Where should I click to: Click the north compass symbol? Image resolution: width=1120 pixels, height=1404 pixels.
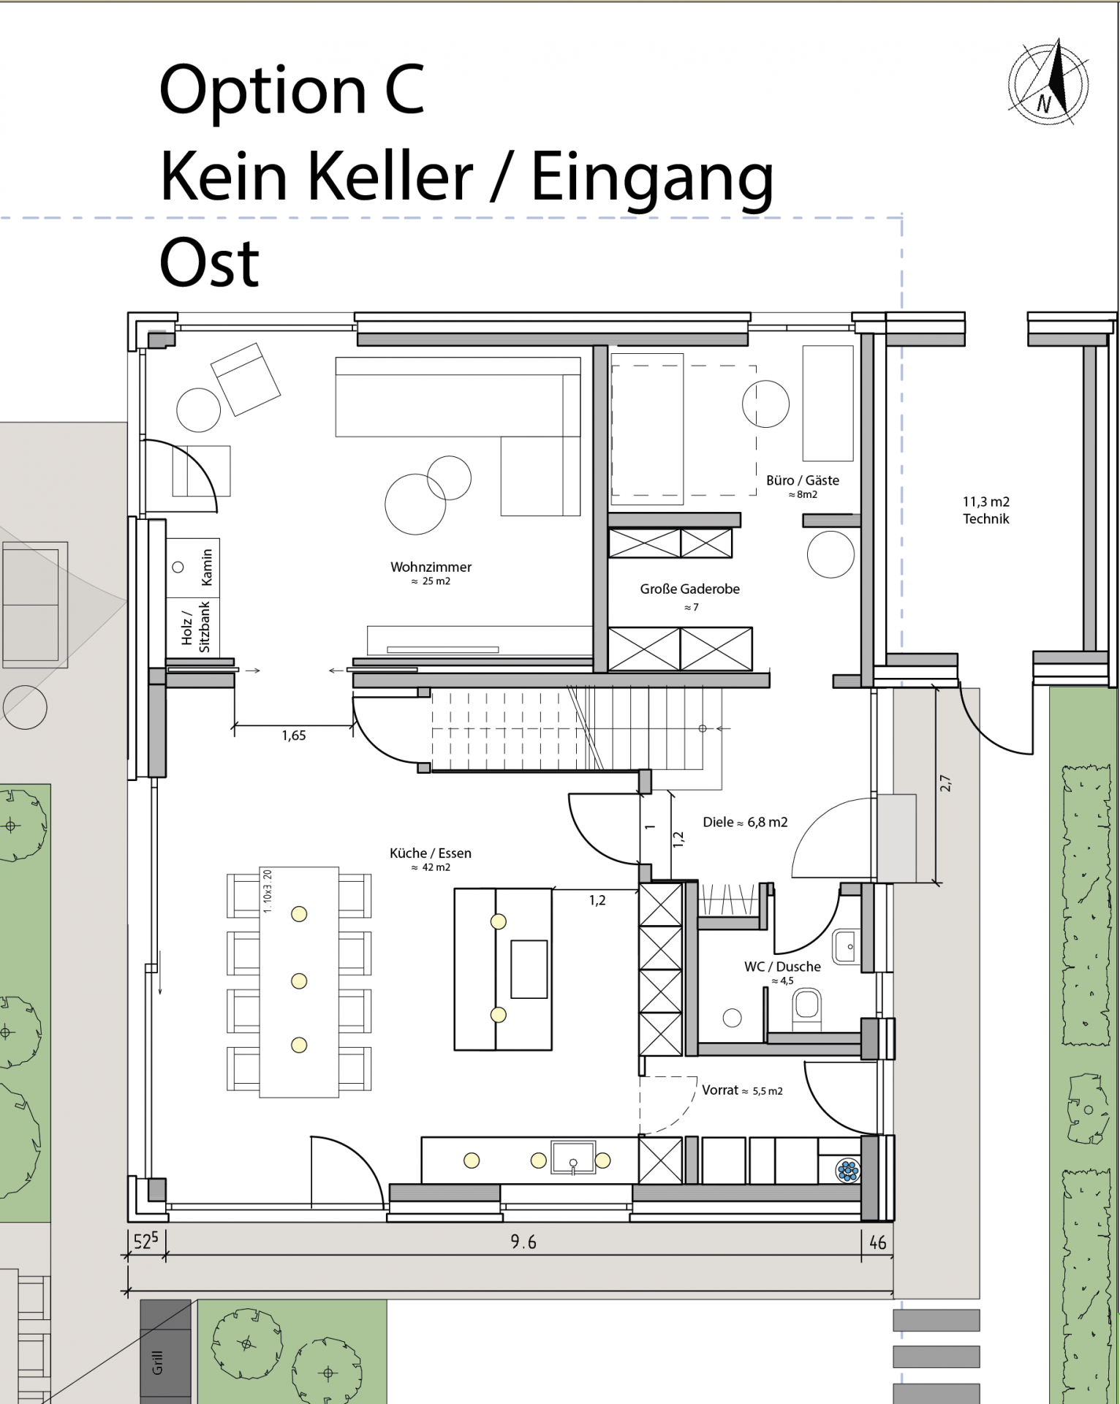click(x=1048, y=83)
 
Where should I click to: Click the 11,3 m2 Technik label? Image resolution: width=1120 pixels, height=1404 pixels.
click(x=985, y=510)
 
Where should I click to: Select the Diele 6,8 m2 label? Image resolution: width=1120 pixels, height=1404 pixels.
click(x=745, y=822)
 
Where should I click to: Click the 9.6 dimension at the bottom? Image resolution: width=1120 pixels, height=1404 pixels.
click(x=523, y=1242)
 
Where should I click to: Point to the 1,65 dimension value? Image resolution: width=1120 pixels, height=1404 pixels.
click(x=294, y=736)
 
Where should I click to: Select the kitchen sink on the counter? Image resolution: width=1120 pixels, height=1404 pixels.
click(x=574, y=1160)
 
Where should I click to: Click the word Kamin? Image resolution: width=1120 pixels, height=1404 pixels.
click(x=207, y=567)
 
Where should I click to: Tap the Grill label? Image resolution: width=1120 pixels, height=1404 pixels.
click(x=157, y=1362)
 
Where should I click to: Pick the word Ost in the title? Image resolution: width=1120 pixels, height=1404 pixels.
click(x=209, y=263)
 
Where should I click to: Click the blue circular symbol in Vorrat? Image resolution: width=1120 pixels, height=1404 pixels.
click(x=848, y=1171)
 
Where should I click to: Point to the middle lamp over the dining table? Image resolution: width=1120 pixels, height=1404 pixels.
click(x=299, y=981)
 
